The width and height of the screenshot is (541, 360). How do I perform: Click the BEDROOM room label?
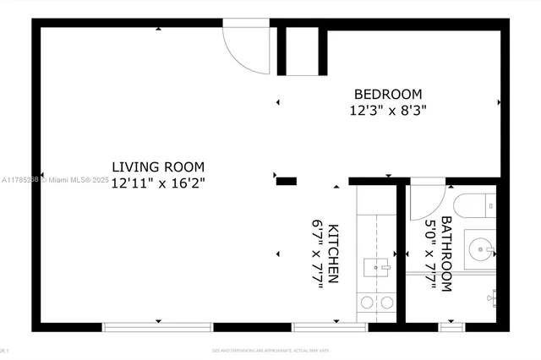pos(388,94)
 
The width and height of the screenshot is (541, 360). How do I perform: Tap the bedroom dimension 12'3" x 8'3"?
pos(388,110)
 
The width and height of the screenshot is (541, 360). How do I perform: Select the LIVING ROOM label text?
pos(159,166)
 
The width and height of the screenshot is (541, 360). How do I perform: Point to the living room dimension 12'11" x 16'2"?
pos(159,182)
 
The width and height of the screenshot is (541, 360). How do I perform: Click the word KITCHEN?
pos(334,254)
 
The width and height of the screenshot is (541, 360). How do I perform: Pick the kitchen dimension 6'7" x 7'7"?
pos(318,254)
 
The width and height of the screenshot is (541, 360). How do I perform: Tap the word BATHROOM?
pos(445,254)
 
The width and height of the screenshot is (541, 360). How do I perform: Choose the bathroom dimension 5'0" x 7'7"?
pos(430,254)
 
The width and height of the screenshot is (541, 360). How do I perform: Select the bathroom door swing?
pos(427,197)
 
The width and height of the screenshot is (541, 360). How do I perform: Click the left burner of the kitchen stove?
pos(368,302)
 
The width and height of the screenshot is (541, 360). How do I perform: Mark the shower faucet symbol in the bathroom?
pos(494,297)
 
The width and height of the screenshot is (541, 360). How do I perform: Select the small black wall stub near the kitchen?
pos(287,180)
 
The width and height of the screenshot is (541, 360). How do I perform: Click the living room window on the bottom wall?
pos(158,326)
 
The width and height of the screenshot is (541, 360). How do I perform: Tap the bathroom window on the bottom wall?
pos(451,326)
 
